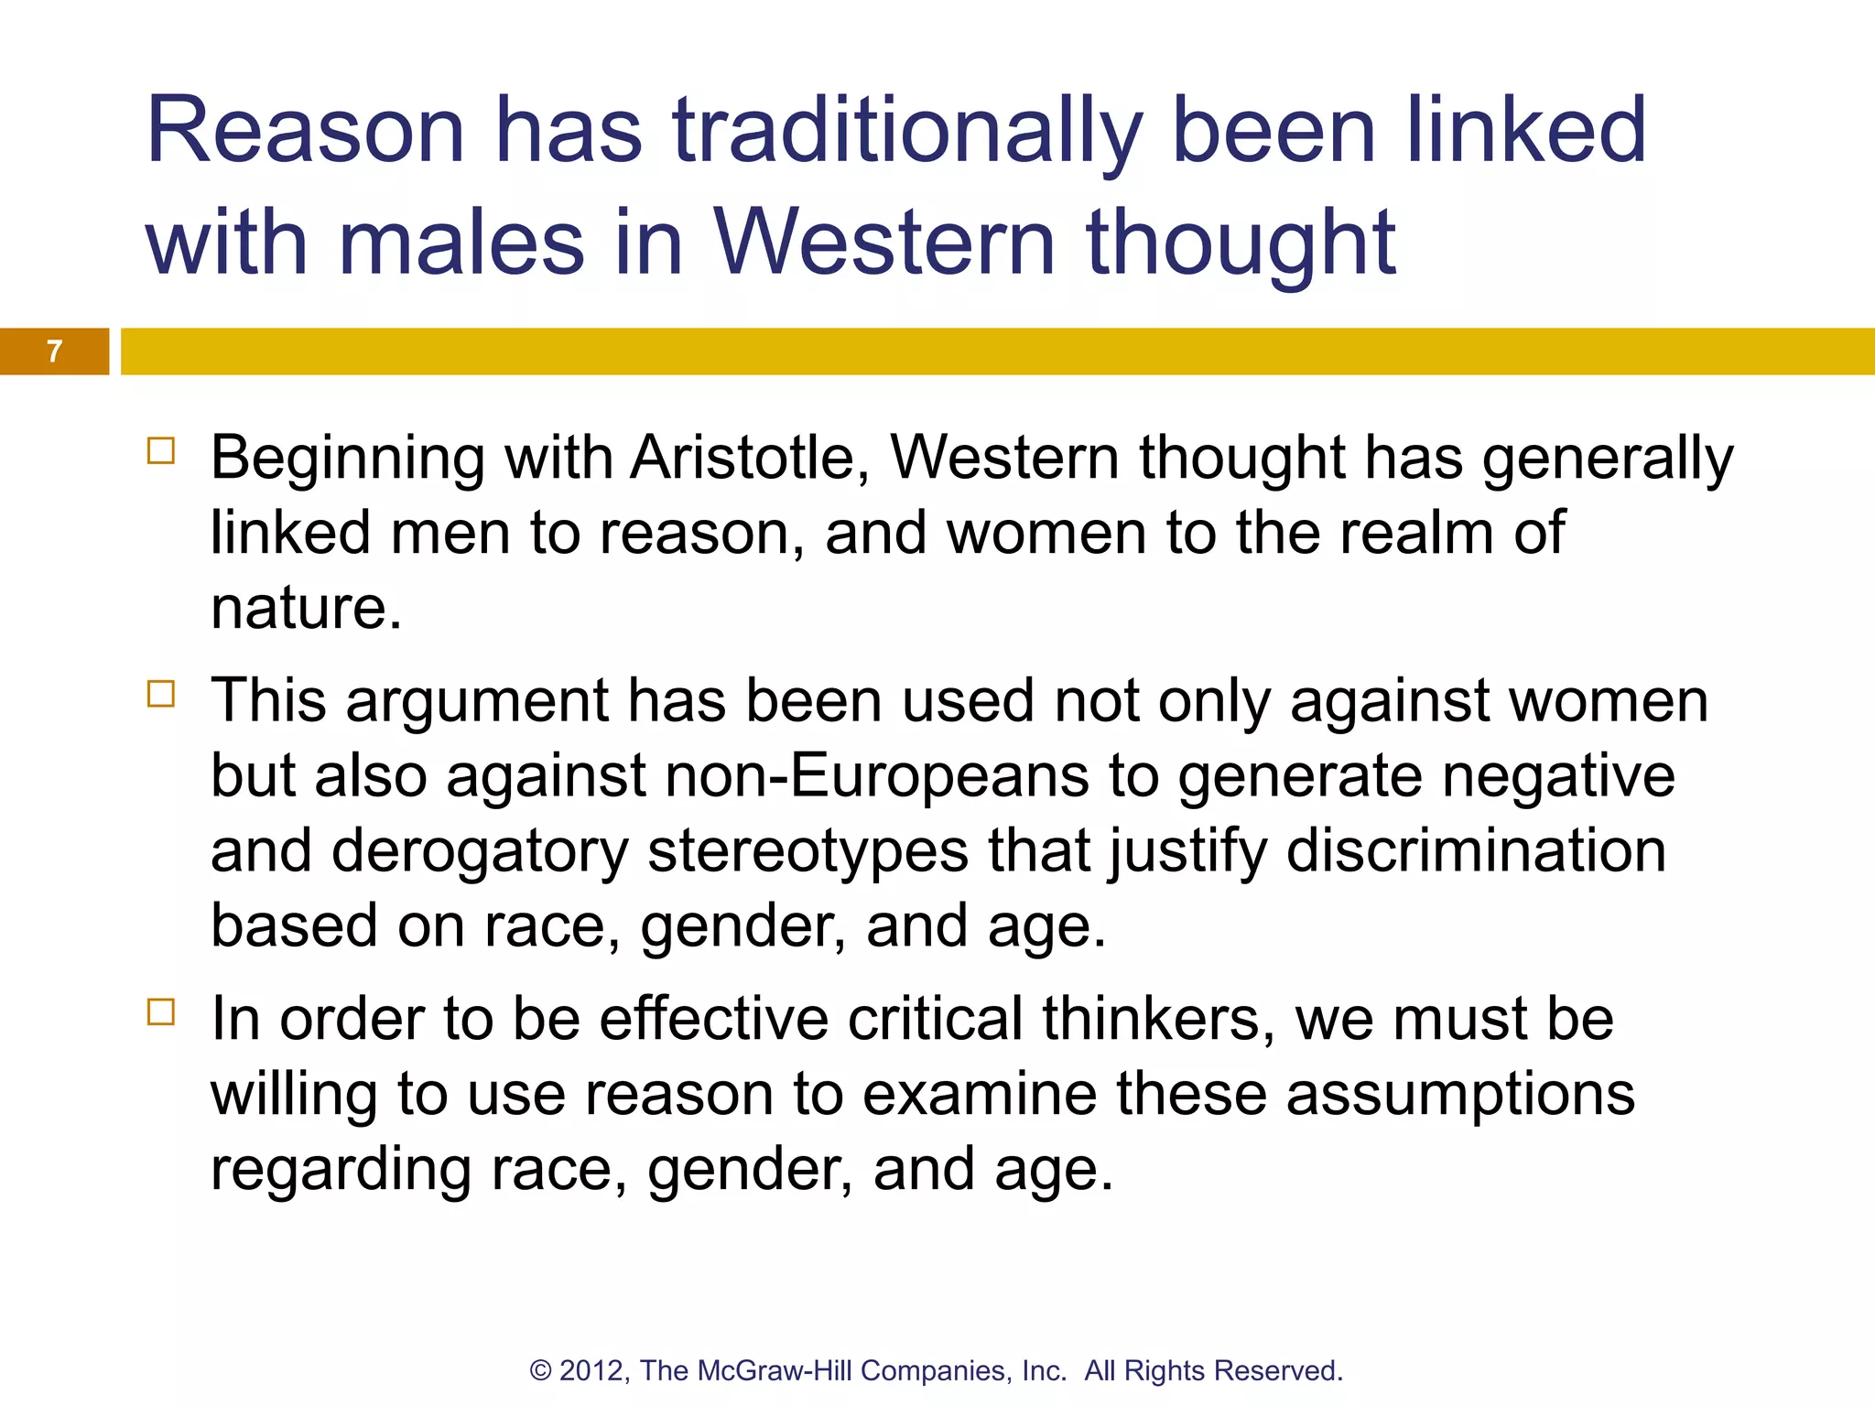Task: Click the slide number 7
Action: (55, 351)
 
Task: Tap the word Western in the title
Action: (884, 243)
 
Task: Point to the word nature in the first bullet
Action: (306, 609)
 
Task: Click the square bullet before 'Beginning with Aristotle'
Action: (161, 451)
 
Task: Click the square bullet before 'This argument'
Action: (161, 695)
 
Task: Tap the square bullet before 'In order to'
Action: (161, 1012)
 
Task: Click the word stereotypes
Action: (807, 851)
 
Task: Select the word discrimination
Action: (1476, 851)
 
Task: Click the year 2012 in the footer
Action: (592, 1370)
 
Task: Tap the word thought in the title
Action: (1241, 243)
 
